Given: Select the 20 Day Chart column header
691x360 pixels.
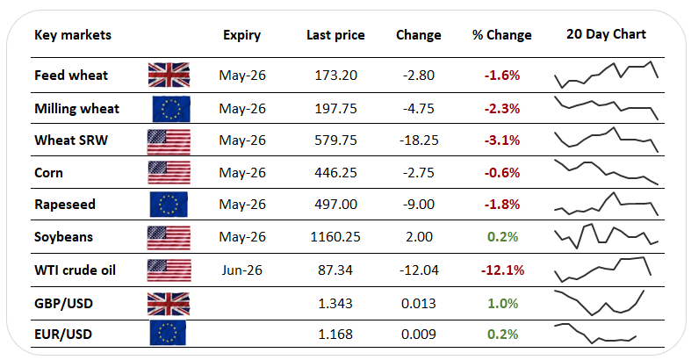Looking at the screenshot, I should click(x=606, y=34).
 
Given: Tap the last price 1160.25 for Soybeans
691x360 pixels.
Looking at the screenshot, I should click(x=335, y=237).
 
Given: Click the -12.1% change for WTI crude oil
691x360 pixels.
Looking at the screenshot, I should click(x=502, y=270).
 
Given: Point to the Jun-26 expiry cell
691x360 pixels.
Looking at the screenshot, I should click(x=241, y=270).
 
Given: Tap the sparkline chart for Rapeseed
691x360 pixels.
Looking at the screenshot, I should click(x=606, y=205).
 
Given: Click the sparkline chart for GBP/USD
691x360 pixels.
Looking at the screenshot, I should click(x=606, y=302).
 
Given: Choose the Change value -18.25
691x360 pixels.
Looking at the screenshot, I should click(x=419, y=140).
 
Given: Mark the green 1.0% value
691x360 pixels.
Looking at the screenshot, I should click(x=502, y=302).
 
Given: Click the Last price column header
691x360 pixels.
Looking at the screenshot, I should click(x=335, y=35).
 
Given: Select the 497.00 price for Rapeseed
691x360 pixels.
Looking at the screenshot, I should click(x=335, y=205).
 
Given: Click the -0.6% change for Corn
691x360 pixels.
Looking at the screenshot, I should click(x=502, y=172).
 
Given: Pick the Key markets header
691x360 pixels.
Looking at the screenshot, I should click(x=73, y=35).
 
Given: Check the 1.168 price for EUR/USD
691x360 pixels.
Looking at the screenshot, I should click(x=335, y=335).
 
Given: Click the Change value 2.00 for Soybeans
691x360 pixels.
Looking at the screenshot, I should click(x=419, y=237).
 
